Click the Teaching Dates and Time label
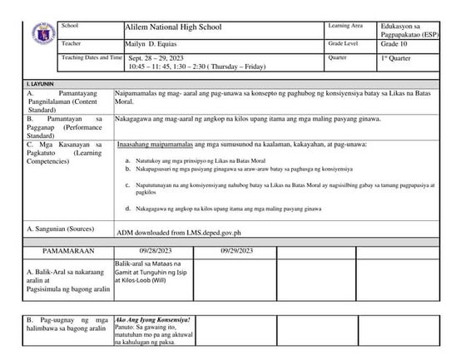[x=92, y=57]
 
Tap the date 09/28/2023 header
[x=156, y=249]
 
